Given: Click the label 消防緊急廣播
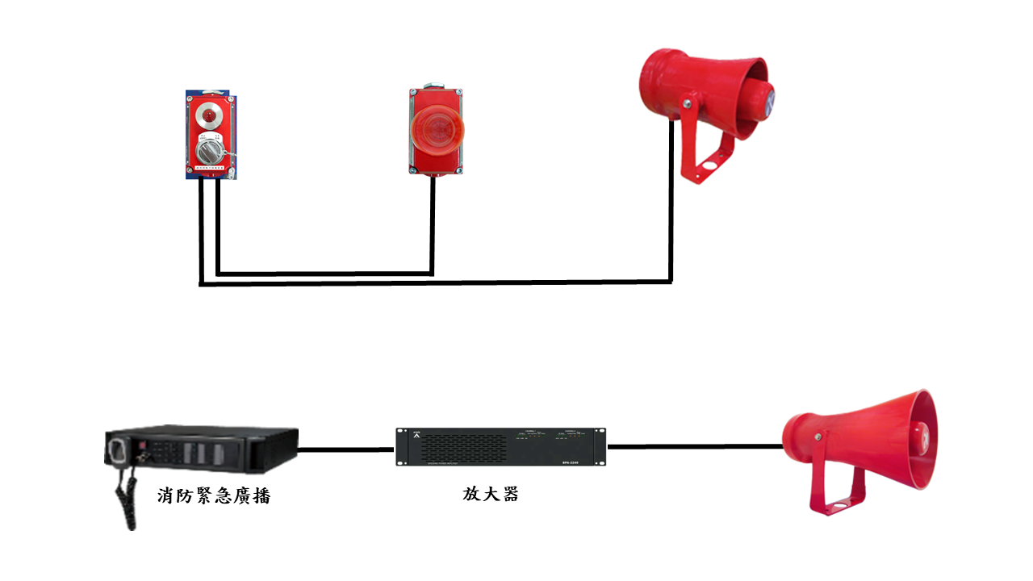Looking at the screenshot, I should (x=214, y=495).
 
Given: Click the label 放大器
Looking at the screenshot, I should (x=491, y=494).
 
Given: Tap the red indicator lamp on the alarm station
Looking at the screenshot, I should (x=209, y=116).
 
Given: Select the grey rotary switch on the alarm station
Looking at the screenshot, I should (x=209, y=150).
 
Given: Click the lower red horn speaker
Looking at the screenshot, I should (x=864, y=440).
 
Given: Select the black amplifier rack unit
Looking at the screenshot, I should (x=500, y=446).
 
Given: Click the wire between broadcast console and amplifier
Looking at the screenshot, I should (x=347, y=449).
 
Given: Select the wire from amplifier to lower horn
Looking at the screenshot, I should (x=694, y=445).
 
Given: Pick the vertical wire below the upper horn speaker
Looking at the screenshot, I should (x=671, y=202).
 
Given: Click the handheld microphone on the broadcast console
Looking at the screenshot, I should (x=118, y=449).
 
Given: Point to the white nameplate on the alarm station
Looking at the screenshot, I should (x=209, y=168).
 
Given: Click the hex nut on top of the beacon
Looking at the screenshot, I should (x=434, y=85).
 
